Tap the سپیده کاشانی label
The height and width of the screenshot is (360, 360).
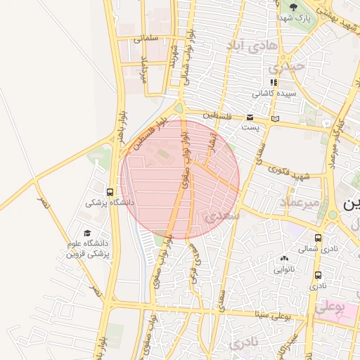point(275,93)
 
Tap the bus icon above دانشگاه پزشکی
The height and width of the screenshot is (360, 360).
point(110,191)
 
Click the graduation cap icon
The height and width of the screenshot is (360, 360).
point(87,233)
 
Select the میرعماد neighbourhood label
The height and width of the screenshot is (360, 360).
point(300,202)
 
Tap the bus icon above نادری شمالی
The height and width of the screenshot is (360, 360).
point(319,238)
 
